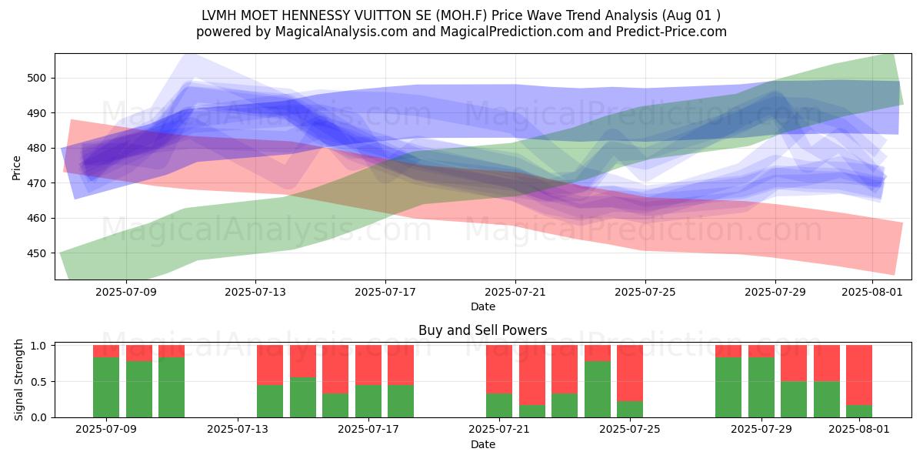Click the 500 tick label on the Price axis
point(36,78)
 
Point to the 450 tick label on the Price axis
point(36,253)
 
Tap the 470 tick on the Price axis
point(36,182)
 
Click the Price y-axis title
point(16,168)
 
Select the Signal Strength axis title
point(18,380)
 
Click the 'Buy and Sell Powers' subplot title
point(482,330)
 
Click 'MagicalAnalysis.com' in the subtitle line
point(342,32)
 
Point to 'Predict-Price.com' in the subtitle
point(671,32)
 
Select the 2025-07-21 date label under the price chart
point(515,292)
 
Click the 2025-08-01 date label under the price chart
point(872,292)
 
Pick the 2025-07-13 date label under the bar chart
point(238,429)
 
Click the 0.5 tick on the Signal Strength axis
point(39,382)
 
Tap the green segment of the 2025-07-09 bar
point(106,387)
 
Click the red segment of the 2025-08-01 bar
point(858,375)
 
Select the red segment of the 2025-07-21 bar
point(499,369)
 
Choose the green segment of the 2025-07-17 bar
point(368,401)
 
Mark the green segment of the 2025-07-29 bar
point(761,387)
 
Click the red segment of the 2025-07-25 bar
point(630,373)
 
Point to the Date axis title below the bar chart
point(483,444)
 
